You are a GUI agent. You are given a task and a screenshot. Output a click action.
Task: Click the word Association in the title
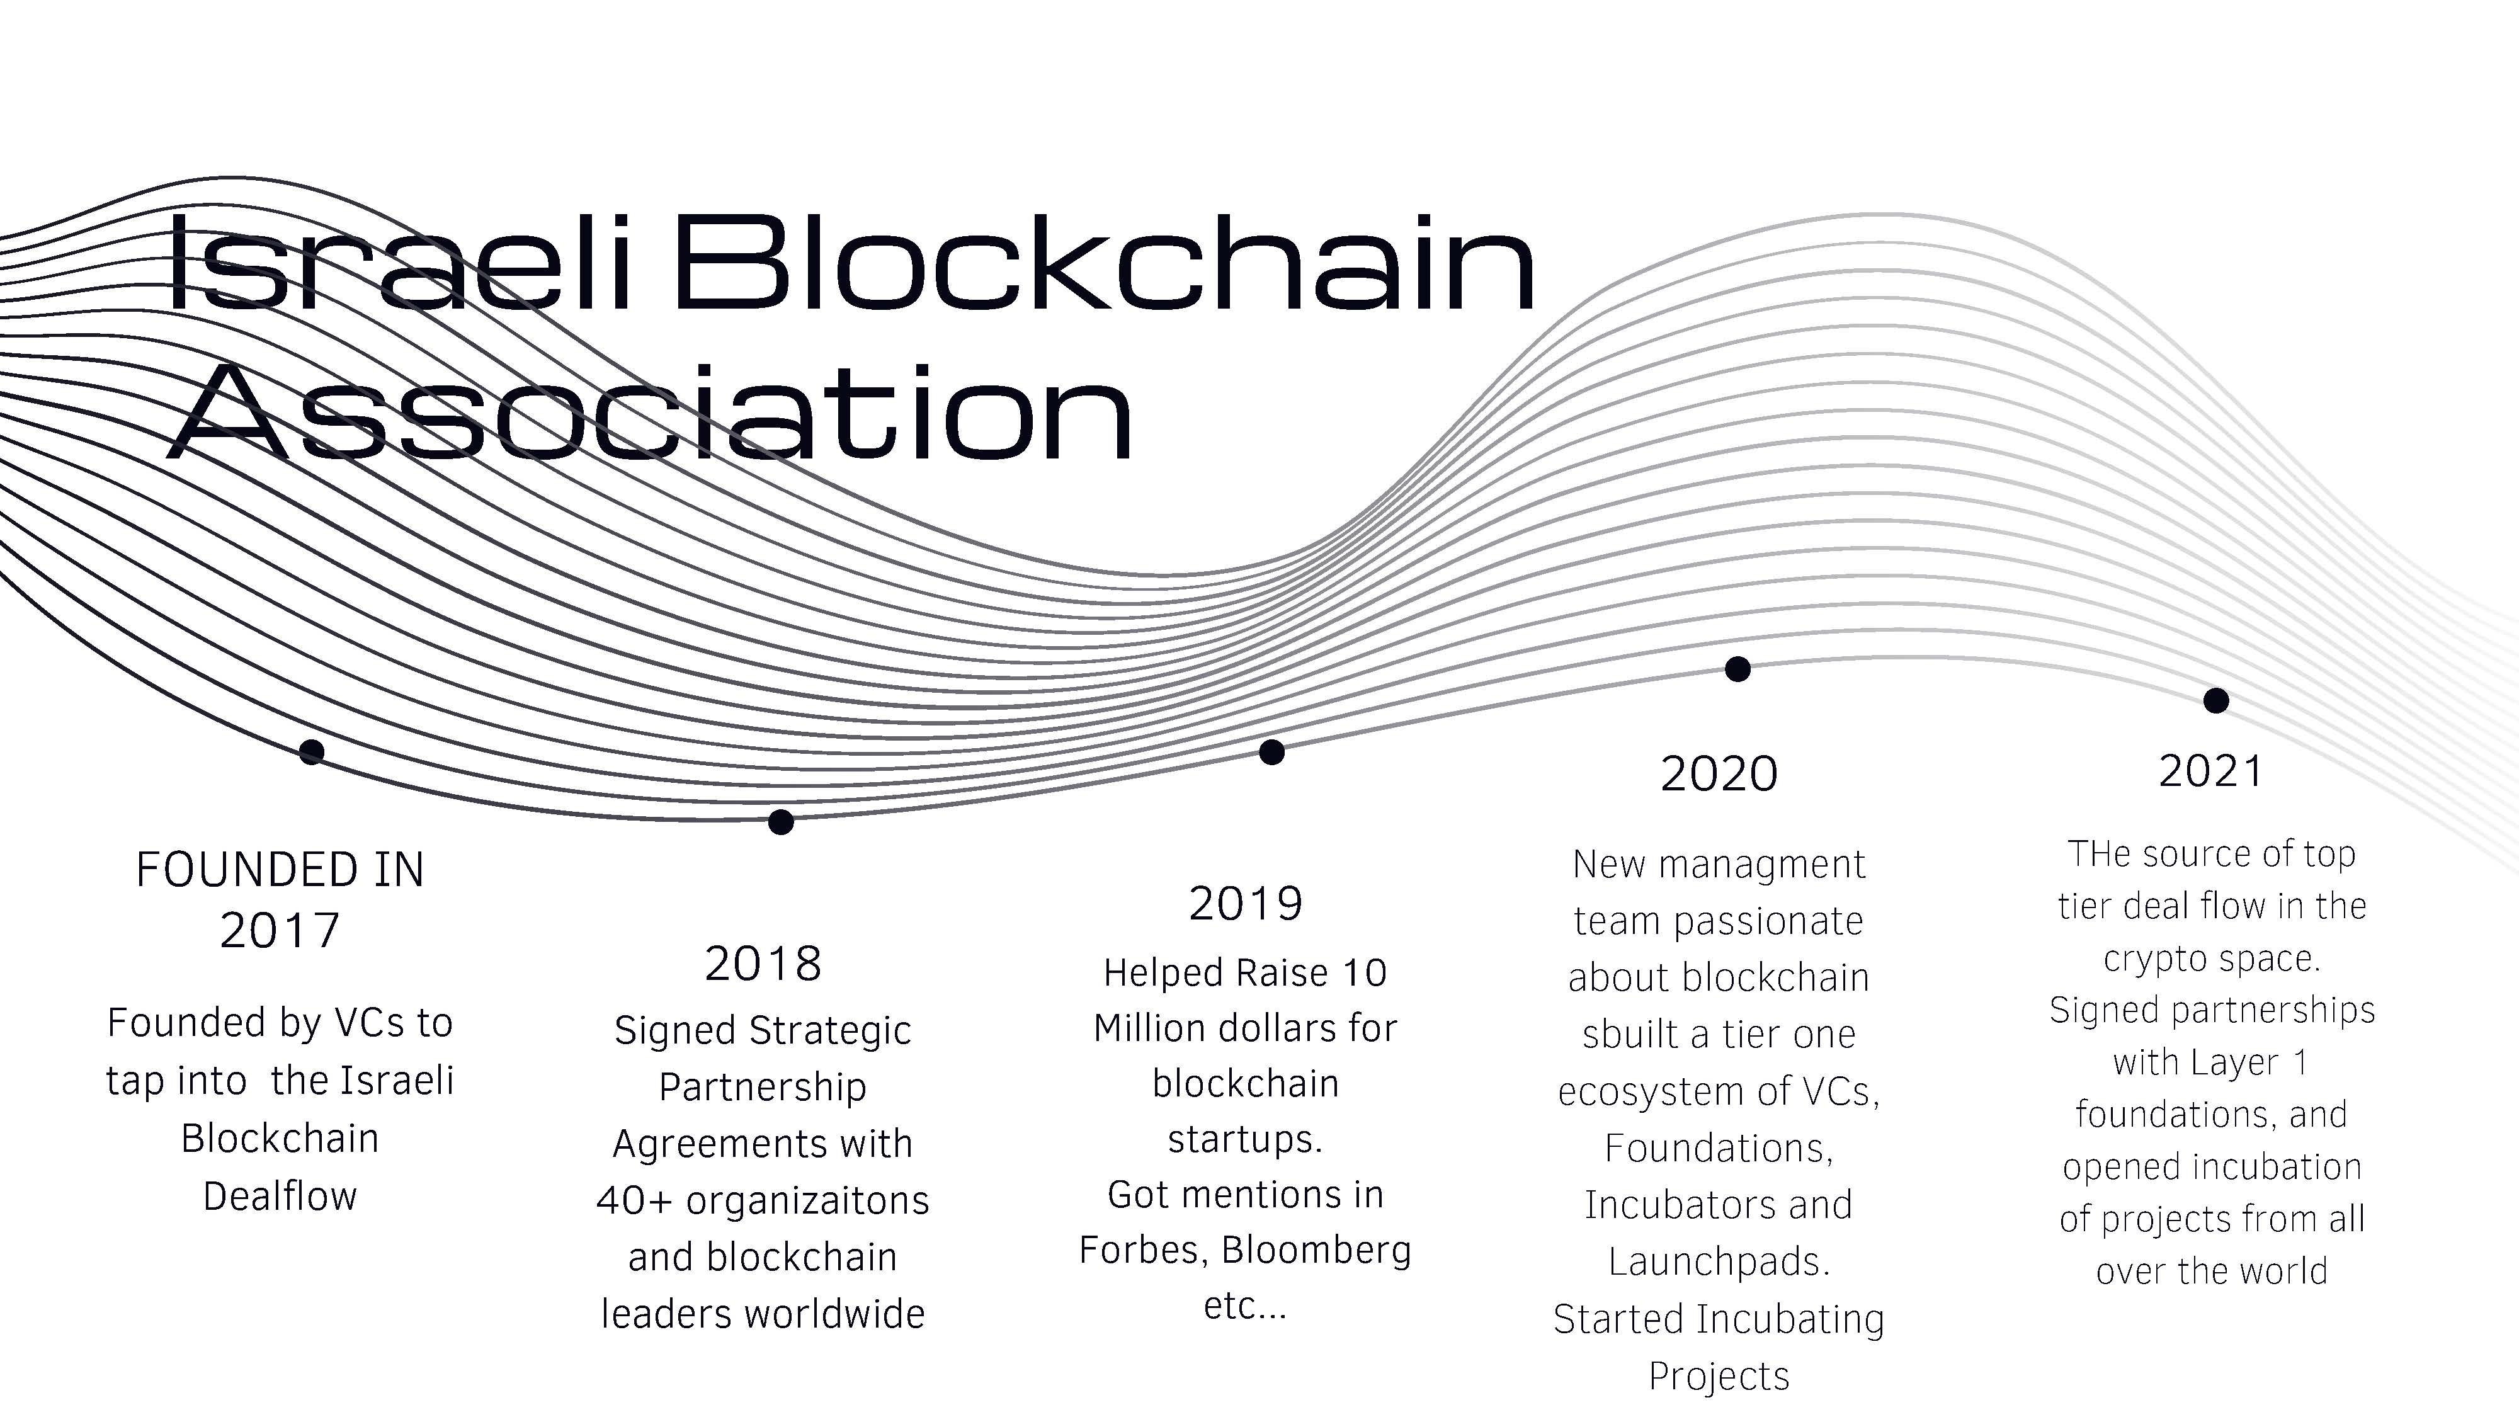(651, 412)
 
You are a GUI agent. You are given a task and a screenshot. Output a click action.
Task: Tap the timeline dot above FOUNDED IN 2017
(312, 751)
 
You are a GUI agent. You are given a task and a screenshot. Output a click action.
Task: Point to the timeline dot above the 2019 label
(1271, 752)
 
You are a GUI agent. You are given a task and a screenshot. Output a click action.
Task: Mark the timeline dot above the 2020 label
(1737, 669)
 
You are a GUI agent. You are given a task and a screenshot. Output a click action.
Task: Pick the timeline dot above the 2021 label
(2216, 700)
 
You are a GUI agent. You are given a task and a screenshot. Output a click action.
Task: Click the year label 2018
(763, 964)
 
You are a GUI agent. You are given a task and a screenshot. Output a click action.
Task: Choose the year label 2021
(2211, 771)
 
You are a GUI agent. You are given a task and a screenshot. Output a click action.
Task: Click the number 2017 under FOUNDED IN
(280, 931)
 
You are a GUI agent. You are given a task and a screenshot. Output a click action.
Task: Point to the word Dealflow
(281, 1196)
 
